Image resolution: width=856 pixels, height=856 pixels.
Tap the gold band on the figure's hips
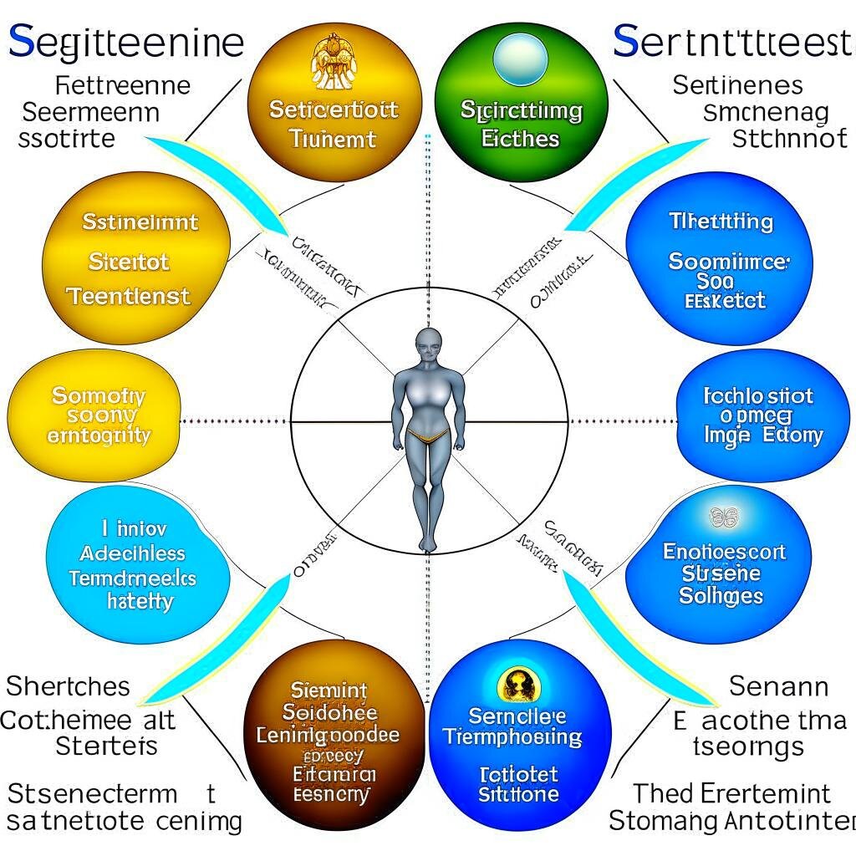click(x=427, y=434)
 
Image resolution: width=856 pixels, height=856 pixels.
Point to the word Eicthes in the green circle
click(x=520, y=139)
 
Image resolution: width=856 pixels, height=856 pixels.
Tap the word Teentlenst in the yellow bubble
click(x=129, y=296)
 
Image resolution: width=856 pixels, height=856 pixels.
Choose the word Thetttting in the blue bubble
click(x=721, y=222)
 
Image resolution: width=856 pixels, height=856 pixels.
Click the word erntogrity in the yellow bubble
click(x=99, y=436)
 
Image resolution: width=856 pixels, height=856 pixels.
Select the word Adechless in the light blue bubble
click(x=133, y=553)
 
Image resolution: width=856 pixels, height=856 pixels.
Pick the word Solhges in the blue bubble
click(x=721, y=596)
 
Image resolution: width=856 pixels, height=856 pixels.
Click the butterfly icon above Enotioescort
click(x=724, y=517)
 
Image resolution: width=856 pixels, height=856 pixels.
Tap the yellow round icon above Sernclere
click(x=518, y=685)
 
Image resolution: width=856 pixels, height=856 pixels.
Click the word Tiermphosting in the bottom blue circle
click(x=512, y=737)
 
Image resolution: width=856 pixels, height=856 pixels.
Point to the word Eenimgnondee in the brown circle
click(x=328, y=736)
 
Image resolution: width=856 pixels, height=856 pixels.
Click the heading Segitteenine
click(x=125, y=41)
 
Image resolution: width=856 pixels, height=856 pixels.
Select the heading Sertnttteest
click(x=732, y=41)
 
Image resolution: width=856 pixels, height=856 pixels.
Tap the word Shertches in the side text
click(x=69, y=687)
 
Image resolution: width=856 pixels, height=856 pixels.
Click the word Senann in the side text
click(x=778, y=687)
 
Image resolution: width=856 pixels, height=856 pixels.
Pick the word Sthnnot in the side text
click(x=788, y=138)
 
